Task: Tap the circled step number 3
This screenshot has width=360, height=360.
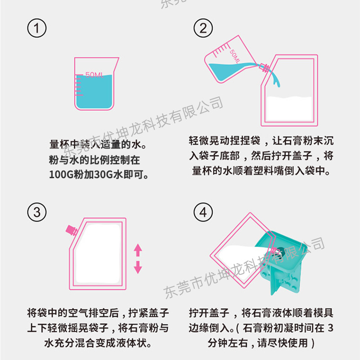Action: (x=37, y=211)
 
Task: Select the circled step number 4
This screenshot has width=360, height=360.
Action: (x=203, y=211)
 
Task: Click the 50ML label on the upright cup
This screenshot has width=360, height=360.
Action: (x=94, y=75)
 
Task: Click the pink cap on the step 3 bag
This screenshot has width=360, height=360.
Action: (x=71, y=229)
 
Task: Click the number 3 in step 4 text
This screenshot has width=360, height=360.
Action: (x=331, y=327)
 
